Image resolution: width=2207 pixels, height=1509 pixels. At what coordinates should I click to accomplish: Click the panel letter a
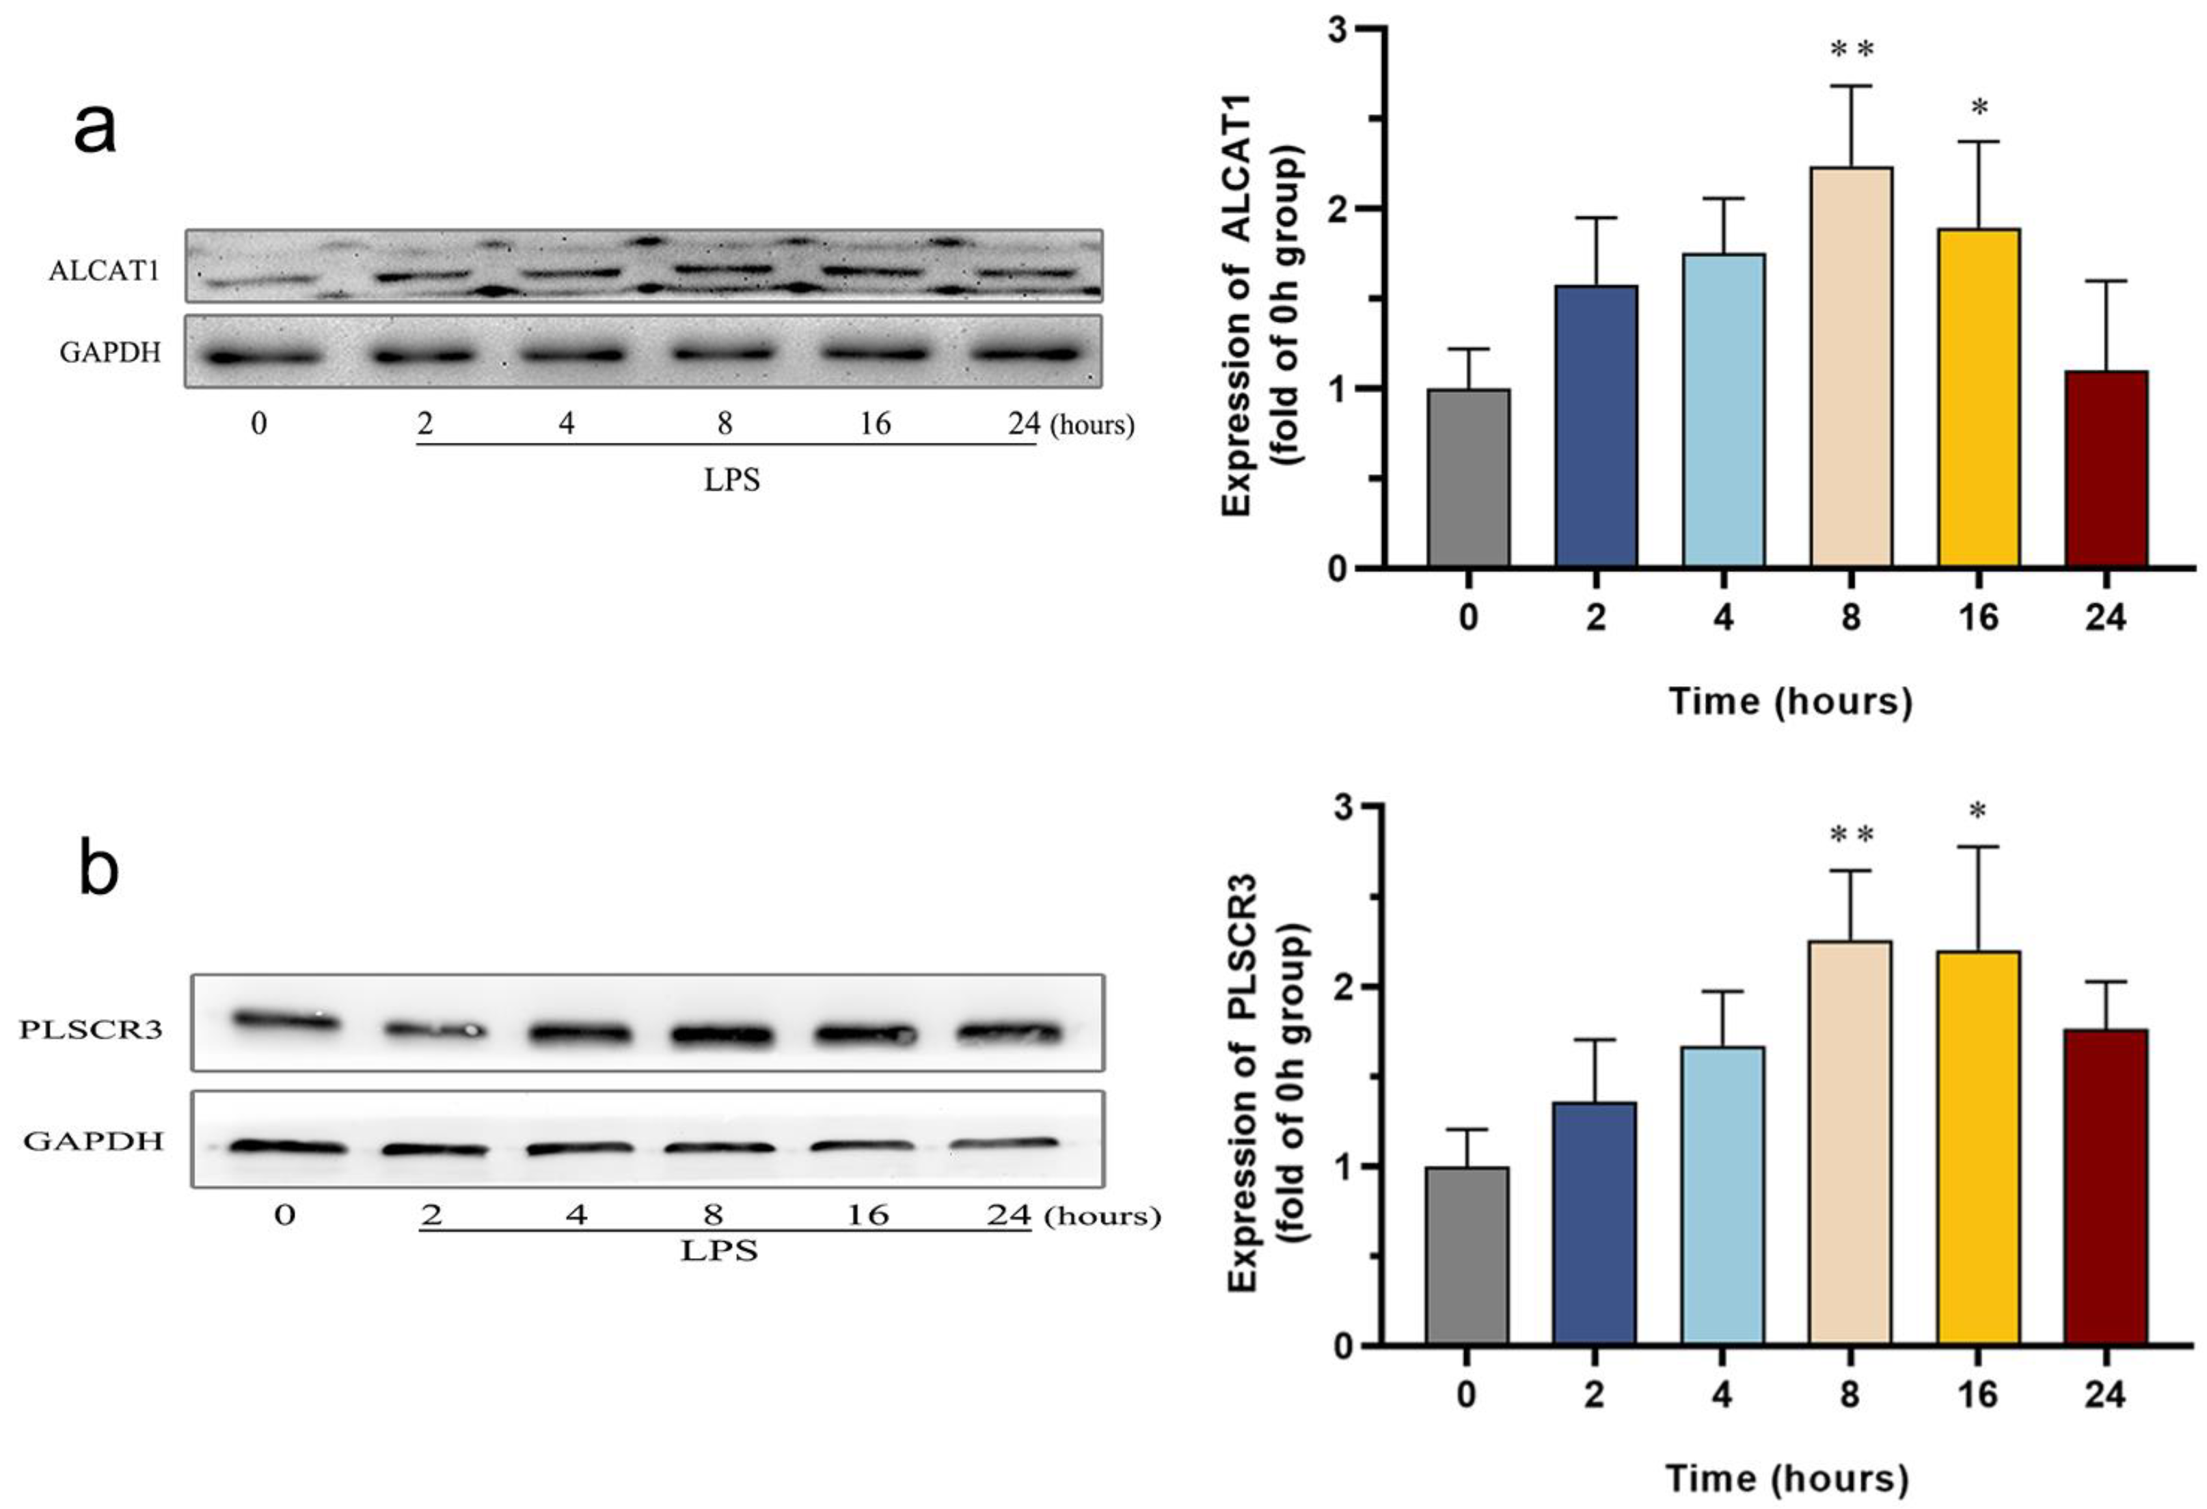[95, 130]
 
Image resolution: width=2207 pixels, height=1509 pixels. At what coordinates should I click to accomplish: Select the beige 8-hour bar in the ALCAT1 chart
[1851, 370]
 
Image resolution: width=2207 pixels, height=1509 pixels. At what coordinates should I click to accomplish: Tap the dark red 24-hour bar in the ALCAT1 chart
[2105, 470]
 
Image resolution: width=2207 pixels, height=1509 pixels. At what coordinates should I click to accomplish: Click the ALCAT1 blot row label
[103, 271]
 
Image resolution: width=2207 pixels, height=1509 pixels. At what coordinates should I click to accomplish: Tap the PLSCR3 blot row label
[91, 1029]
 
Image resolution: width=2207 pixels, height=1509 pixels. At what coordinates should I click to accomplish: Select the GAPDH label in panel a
[110, 353]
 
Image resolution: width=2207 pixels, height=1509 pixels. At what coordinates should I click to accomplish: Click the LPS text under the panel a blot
[731, 480]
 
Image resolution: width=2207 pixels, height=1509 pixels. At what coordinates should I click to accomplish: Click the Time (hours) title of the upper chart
[1790, 701]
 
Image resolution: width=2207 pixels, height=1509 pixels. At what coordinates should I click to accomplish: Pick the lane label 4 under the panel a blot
[567, 424]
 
